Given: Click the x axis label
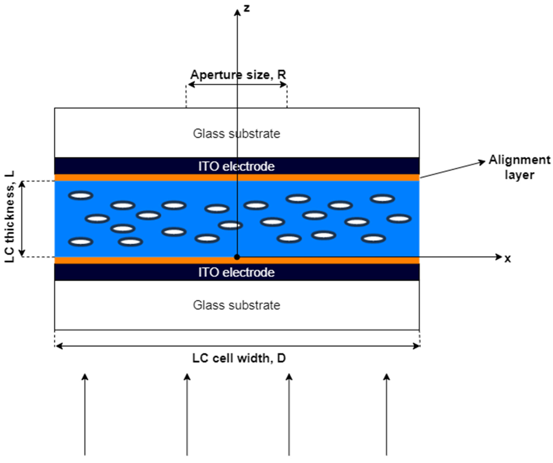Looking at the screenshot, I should coord(508,259).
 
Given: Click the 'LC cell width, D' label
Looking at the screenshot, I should coord(239,358).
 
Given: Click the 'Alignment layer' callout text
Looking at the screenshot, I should coord(519,167).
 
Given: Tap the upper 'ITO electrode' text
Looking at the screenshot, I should coord(236,166).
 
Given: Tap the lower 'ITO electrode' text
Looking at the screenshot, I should coord(236,272).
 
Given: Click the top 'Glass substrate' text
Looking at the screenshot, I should coord(236,134).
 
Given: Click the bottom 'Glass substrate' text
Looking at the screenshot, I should coord(236,305).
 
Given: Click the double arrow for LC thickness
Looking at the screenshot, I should coord(22,219).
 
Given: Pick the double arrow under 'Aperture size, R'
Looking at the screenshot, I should coord(237,84).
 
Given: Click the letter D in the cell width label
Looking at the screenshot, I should coord(281,358).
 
